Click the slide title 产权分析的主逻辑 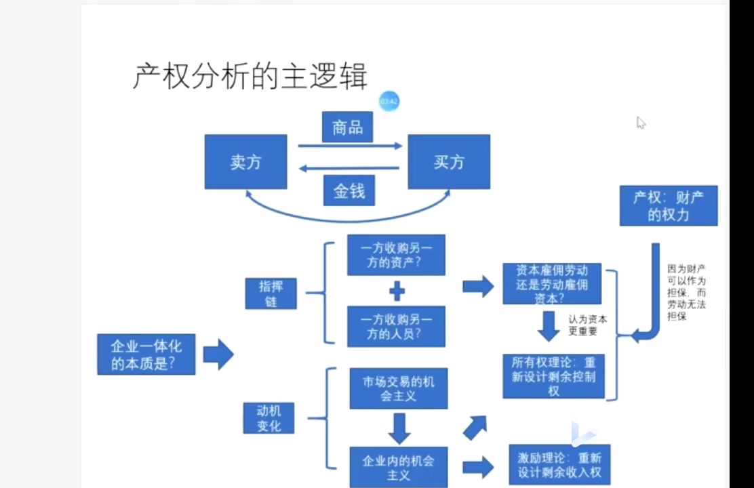[x=250, y=76]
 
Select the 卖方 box [x=245, y=162]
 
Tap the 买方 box [x=448, y=162]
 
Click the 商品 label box [x=347, y=127]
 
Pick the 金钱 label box [x=349, y=191]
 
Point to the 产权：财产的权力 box [x=668, y=206]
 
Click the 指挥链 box [x=271, y=293]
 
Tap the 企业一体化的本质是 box [x=146, y=354]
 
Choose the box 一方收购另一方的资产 [x=396, y=255]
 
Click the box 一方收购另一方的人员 [x=396, y=326]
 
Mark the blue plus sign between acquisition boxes [x=397, y=291]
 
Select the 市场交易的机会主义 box [x=398, y=388]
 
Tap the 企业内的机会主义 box [x=399, y=466]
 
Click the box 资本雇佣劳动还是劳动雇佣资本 [x=553, y=283]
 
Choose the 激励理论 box [x=559, y=464]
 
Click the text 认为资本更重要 [x=587, y=325]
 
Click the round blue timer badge [x=389, y=101]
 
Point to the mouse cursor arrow [x=640, y=122]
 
